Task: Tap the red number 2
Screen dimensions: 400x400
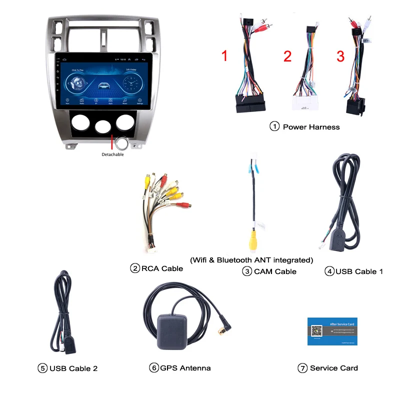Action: [x=287, y=56]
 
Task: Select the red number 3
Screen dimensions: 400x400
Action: [x=340, y=56]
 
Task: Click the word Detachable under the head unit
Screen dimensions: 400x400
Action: [x=112, y=154]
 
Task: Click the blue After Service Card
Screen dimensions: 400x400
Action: [x=332, y=331]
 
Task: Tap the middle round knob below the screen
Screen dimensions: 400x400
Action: [x=103, y=125]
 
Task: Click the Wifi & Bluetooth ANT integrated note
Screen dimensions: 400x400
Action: [x=251, y=260]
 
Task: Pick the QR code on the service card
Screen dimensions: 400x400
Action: [x=316, y=330]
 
